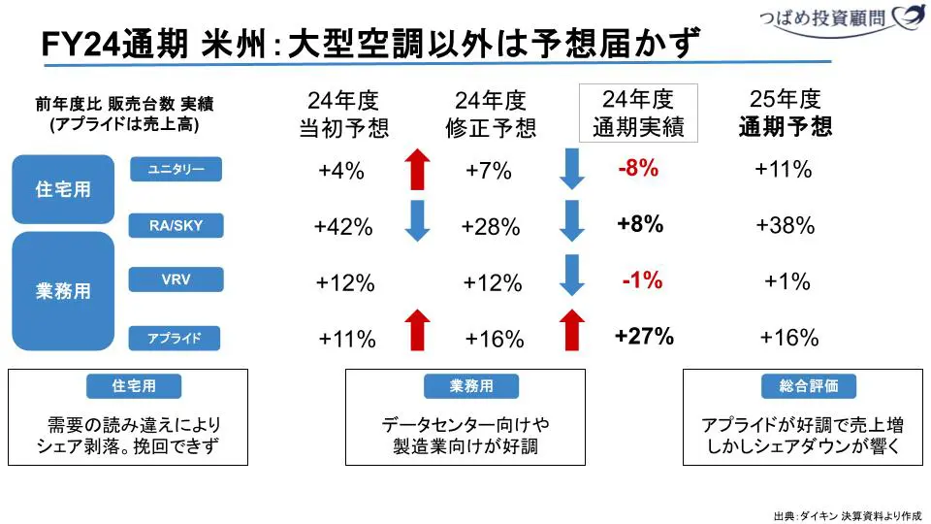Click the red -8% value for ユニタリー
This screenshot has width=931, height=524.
pyautogui.click(x=638, y=169)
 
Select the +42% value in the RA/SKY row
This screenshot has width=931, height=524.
pyautogui.click(x=343, y=227)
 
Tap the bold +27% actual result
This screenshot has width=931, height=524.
pyautogui.click(x=644, y=337)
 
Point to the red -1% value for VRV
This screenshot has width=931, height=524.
pyautogui.click(x=642, y=281)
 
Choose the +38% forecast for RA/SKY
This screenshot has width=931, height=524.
pyautogui.click(x=786, y=226)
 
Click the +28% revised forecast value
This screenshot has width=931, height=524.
pyautogui.click(x=491, y=227)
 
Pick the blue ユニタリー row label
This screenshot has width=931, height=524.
pyautogui.click(x=176, y=170)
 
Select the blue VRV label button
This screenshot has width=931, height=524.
pyautogui.click(x=176, y=280)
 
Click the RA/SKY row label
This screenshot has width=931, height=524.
pyautogui.click(x=176, y=226)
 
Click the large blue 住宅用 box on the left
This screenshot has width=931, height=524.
pyautogui.click(x=63, y=189)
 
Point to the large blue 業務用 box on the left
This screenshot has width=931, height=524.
pyautogui.click(x=63, y=291)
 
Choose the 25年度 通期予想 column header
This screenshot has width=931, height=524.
pyautogui.click(x=786, y=113)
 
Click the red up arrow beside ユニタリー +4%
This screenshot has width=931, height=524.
pyautogui.click(x=417, y=170)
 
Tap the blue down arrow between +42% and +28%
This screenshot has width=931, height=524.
pyautogui.click(x=417, y=221)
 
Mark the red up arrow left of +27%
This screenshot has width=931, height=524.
pyautogui.click(x=572, y=329)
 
